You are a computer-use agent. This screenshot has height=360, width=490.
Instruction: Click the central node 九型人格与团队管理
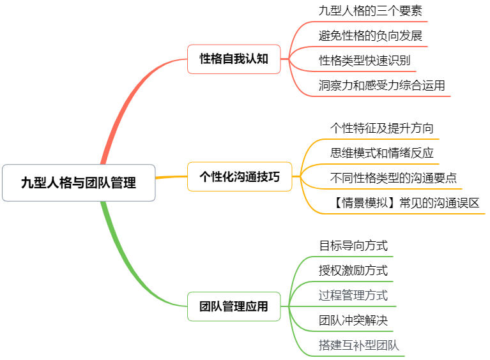tap(79, 183)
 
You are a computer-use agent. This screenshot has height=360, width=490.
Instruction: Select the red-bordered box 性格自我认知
tap(234, 59)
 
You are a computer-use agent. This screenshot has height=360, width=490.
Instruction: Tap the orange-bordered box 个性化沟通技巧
tap(240, 177)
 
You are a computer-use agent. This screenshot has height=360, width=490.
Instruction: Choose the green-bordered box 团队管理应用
tap(234, 306)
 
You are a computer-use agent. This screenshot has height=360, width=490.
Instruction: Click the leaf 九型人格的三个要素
tap(370, 11)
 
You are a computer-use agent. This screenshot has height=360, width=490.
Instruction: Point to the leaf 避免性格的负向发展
tap(371, 36)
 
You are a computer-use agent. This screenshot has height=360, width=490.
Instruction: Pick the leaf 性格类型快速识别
tap(365, 61)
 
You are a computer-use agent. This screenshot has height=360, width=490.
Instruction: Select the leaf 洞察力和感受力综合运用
tap(382, 86)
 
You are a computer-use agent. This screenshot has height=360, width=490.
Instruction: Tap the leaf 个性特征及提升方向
tap(382, 128)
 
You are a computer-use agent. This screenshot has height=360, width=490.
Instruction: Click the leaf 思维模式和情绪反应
tap(382, 153)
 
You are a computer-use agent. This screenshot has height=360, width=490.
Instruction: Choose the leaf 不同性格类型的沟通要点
tap(394, 178)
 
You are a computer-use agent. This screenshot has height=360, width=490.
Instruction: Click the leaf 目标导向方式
tap(353, 245)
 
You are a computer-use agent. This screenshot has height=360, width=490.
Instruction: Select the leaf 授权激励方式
tap(353, 270)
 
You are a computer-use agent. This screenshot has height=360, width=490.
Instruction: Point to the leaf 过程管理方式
tap(353, 295)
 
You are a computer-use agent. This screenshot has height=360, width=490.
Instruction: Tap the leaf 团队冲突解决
tap(353, 320)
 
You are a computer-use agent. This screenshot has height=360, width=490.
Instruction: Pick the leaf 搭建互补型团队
tap(359, 345)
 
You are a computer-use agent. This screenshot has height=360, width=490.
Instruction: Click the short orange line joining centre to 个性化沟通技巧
tap(171, 177)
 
